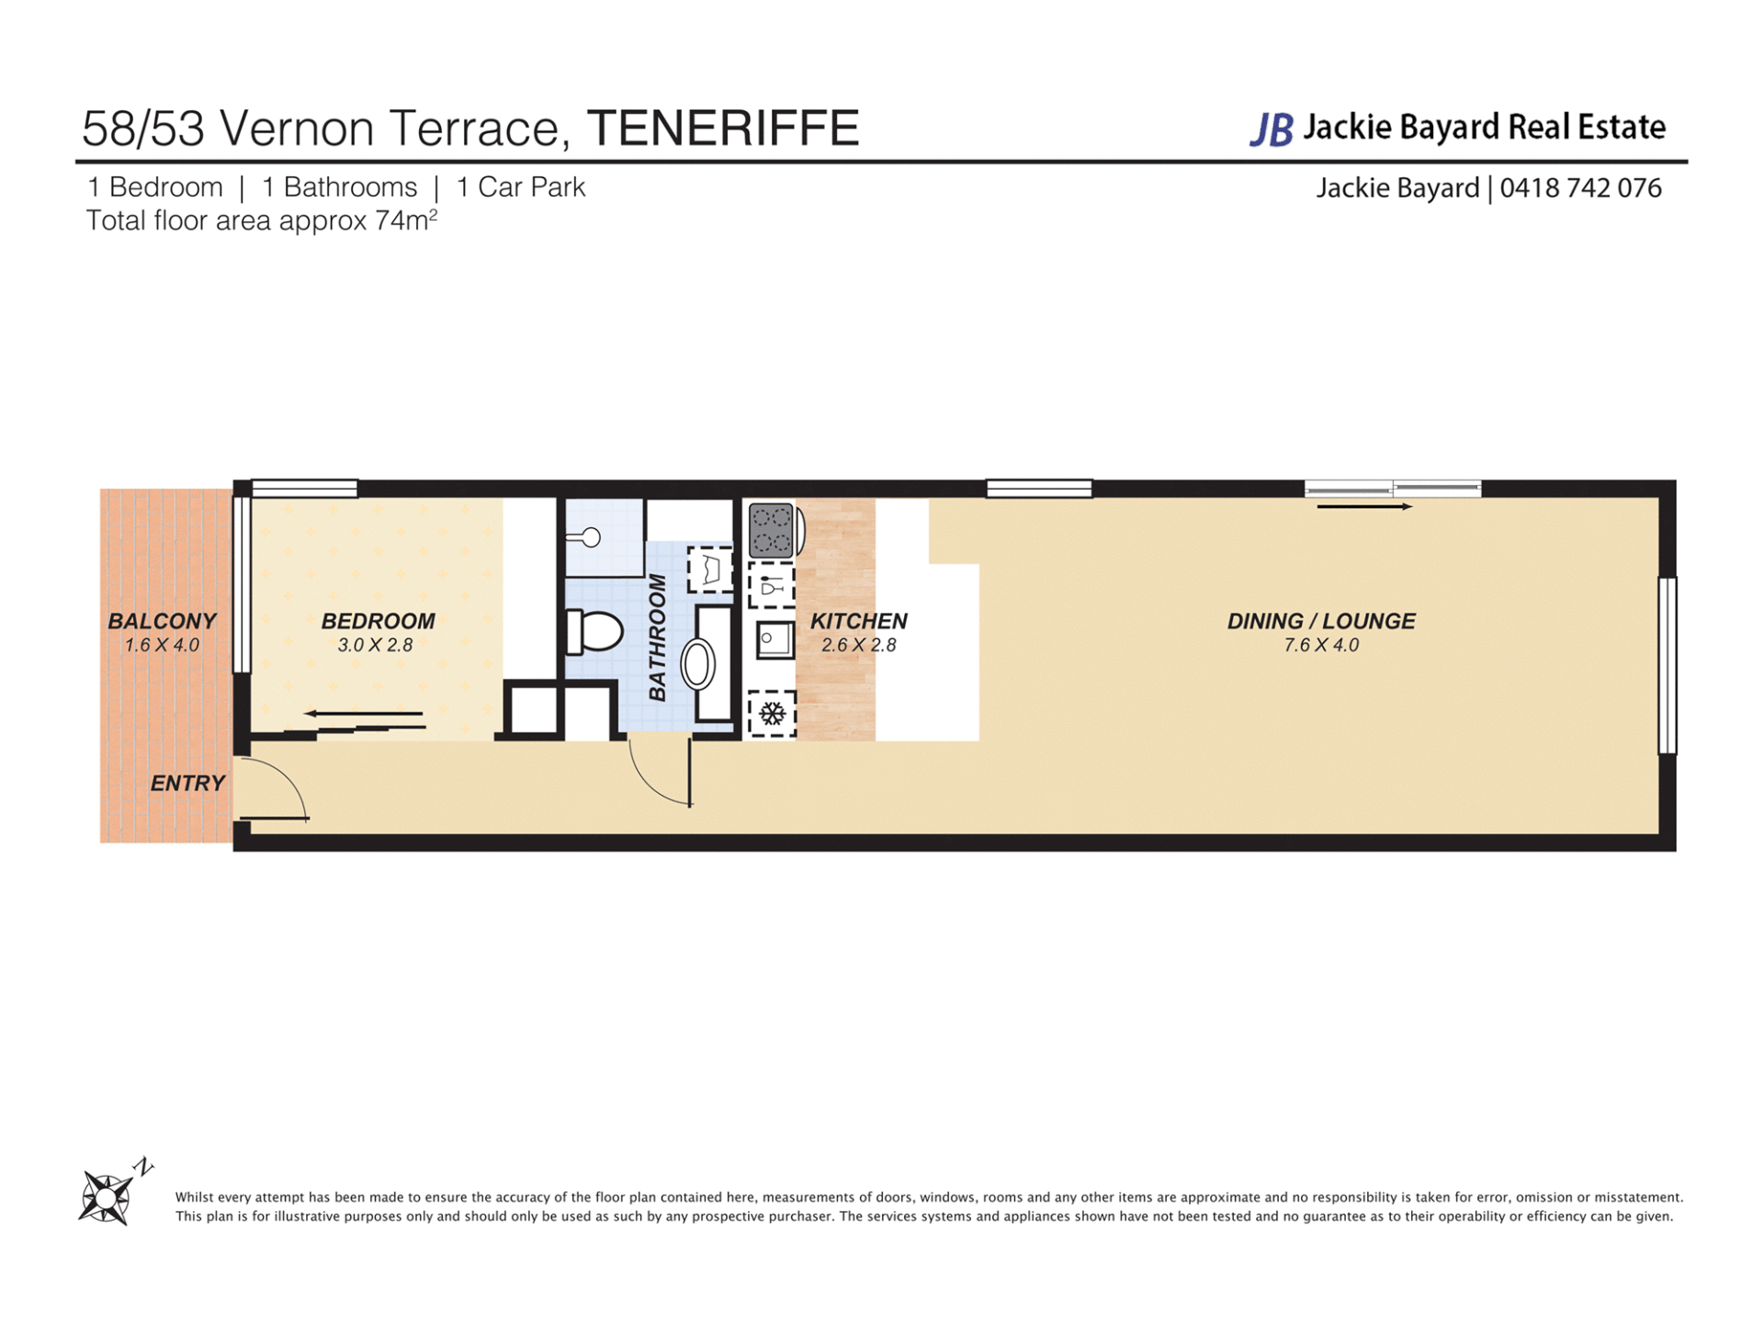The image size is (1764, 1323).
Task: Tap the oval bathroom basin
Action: click(x=698, y=664)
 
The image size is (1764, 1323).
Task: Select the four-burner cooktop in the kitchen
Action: click(x=772, y=531)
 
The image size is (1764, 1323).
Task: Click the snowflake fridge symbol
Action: click(x=772, y=714)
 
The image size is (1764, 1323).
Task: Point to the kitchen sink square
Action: click(x=775, y=639)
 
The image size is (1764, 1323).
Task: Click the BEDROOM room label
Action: click(x=378, y=621)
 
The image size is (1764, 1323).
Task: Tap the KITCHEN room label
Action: click(x=858, y=621)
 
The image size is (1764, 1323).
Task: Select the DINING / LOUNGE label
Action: click(x=1321, y=621)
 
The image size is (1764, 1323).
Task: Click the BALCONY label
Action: click(x=163, y=621)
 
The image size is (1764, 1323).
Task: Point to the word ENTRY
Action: click(x=187, y=783)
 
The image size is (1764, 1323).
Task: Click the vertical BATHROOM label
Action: click(x=657, y=638)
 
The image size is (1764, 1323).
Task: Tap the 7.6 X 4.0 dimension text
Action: click(x=1321, y=645)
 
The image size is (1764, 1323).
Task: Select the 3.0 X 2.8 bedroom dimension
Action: click(x=375, y=645)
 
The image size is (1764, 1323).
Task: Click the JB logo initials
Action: click(x=1272, y=130)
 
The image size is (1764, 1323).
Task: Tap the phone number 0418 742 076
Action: click(x=1580, y=188)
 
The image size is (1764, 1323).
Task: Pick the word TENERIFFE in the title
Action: click(x=723, y=128)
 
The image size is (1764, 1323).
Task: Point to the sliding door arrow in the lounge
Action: click(x=1364, y=506)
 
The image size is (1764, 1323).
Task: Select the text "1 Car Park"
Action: click(x=521, y=187)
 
